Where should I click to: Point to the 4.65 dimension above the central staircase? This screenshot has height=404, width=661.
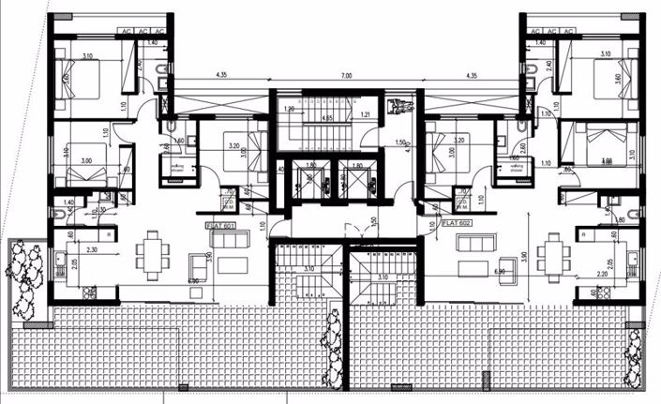(328, 118)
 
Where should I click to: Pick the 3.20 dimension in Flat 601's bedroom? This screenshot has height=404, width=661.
(233, 146)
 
